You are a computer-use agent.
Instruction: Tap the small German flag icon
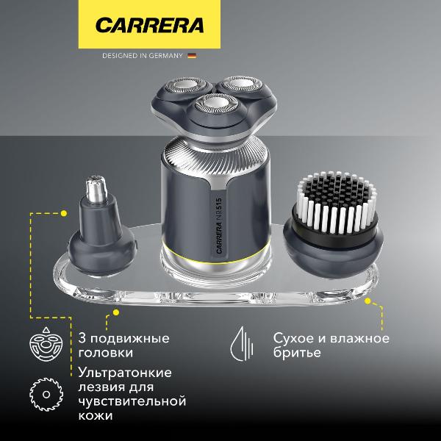[193, 55]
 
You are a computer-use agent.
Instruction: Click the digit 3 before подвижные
[82, 339]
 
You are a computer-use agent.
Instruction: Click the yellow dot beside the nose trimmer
[64, 214]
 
